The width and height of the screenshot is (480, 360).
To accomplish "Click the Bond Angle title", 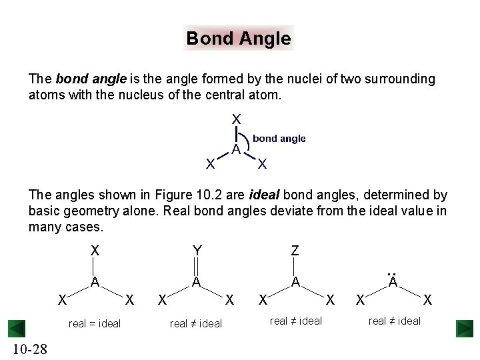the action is [x=239, y=39].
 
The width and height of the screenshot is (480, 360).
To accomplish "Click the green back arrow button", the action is [x=16, y=329].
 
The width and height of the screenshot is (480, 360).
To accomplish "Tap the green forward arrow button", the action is [x=464, y=329].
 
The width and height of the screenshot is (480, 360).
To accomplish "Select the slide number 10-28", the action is [x=29, y=349].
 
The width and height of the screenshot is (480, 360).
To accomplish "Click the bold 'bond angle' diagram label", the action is [x=279, y=139].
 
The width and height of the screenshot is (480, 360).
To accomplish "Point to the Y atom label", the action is [x=197, y=251].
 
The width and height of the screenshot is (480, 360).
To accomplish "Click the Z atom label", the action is [x=295, y=251].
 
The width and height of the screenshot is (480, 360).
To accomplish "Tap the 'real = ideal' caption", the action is [x=95, y=323].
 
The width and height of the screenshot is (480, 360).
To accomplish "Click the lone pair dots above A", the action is [x=393, y=273].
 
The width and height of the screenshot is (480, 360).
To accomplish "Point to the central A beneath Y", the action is [x=197, y=282].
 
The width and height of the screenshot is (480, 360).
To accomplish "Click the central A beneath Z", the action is [x=295, y=282].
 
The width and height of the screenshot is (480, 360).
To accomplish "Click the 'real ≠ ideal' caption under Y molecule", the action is [x=196, y=323].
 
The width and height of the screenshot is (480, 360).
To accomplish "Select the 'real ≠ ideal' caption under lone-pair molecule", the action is [x=395, y=321].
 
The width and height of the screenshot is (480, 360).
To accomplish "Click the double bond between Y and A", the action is [x=197, y=266].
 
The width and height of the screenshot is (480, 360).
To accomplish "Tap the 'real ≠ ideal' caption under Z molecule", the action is [x=296, y=321].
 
